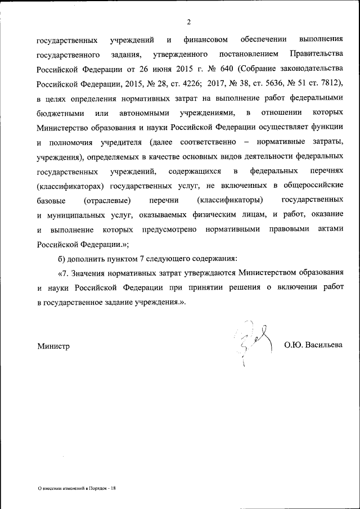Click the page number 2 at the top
pos(189,22)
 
